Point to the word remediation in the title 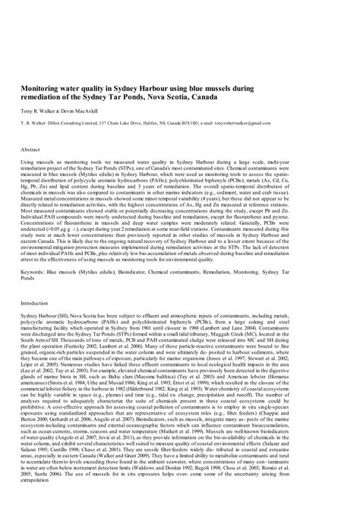[44, 97]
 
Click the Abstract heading [31, 150]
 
